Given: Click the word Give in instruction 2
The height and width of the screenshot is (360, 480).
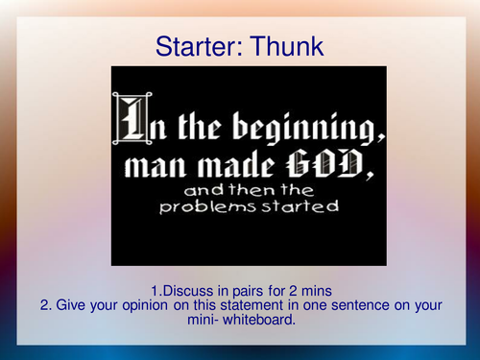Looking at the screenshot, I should (x=71, y=306).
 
